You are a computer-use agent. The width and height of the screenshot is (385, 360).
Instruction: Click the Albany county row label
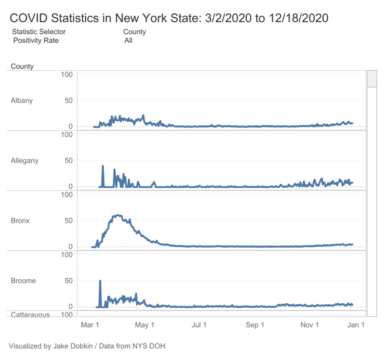point(22,100)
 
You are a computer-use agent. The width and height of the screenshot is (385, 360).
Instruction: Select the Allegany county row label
point(24,161)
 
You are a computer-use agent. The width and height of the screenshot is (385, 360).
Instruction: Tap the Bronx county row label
point(20,221)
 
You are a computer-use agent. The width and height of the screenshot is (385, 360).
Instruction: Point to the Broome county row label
point(23,281)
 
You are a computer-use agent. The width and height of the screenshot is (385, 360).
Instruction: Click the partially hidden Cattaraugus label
point(30,314)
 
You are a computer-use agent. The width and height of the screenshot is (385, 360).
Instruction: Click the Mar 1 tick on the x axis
point(90,325)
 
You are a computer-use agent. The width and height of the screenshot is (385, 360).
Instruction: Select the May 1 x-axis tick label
point(145,325)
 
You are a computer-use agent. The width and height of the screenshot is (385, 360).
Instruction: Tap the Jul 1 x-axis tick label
point(199,325)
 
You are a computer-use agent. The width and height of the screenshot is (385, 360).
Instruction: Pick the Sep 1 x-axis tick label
point(255,325)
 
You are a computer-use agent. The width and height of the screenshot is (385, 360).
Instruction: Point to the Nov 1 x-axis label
point(309,325)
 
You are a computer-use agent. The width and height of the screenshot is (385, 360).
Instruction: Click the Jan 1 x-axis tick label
point(355,325)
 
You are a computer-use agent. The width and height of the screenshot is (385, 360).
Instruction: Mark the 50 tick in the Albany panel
point(69,100)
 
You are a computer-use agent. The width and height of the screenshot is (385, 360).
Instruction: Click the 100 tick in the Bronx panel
point(67,194)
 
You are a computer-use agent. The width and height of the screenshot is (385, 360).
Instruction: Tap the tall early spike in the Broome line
point(100,281)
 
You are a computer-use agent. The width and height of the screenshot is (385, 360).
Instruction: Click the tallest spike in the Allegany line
point(103,166)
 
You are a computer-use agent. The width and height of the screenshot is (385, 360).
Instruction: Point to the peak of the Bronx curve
point(118,215)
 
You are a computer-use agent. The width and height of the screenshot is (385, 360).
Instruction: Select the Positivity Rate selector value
point(36,40)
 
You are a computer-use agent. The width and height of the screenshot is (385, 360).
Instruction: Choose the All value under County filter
point(128,40)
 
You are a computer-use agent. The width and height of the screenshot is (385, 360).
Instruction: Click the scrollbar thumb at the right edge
point(372,78)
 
